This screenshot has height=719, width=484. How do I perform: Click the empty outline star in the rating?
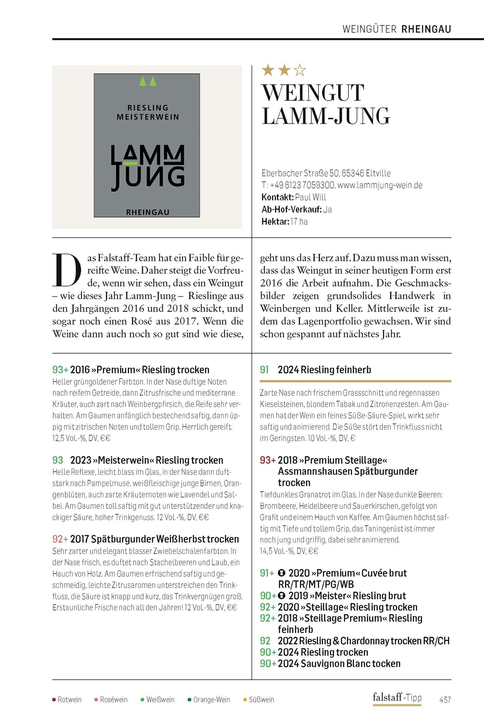(300, 70)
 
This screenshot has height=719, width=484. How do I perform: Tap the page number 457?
(445, 700)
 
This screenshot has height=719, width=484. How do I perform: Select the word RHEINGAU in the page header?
(426, 29)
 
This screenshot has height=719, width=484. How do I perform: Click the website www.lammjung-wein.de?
(380, 185)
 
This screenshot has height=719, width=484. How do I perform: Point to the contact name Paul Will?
(310, 197)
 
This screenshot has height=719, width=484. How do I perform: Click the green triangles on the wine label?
(147, 81)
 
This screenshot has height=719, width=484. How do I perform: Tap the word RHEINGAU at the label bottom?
(147, 212)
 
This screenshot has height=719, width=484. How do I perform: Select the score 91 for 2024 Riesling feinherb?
(264, 370)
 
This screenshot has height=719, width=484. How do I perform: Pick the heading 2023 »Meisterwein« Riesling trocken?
(146, 460)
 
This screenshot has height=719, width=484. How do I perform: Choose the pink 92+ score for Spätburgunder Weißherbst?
(60, 539)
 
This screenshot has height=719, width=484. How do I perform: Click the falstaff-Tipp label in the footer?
(397, 698)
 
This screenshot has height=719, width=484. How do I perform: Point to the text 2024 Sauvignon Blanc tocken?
(339, 664)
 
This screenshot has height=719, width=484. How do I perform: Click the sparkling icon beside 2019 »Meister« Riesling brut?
(281, 596)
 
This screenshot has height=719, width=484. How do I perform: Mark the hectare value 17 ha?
(299, 222)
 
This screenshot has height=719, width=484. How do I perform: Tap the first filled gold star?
(268, 70)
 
